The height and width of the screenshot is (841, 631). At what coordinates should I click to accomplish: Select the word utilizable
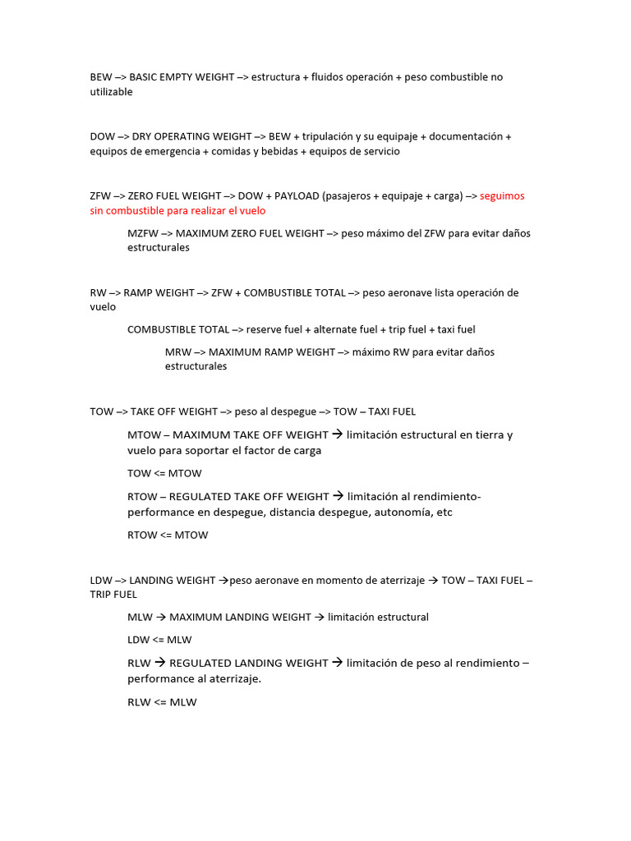pyautogui.click(x=111, y=92)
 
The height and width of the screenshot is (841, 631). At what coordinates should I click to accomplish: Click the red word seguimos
pyautogui.click(x=502, y=196)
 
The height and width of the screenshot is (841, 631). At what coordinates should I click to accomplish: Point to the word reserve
pyautogui.click(x=264, y=329)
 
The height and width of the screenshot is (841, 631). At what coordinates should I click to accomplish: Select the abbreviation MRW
pyautogui.click(x=177, y=352)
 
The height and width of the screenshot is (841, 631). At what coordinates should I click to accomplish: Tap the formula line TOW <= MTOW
pyautogui.click(x=164, y=473)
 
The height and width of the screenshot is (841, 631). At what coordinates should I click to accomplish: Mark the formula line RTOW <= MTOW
pyautogui.click(x=168, y=535)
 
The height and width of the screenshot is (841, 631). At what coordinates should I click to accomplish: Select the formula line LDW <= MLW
pyautogui.click(x=159, y=639)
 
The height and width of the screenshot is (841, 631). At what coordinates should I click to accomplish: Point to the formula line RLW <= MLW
pyautogui.click(x=162, y=702)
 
